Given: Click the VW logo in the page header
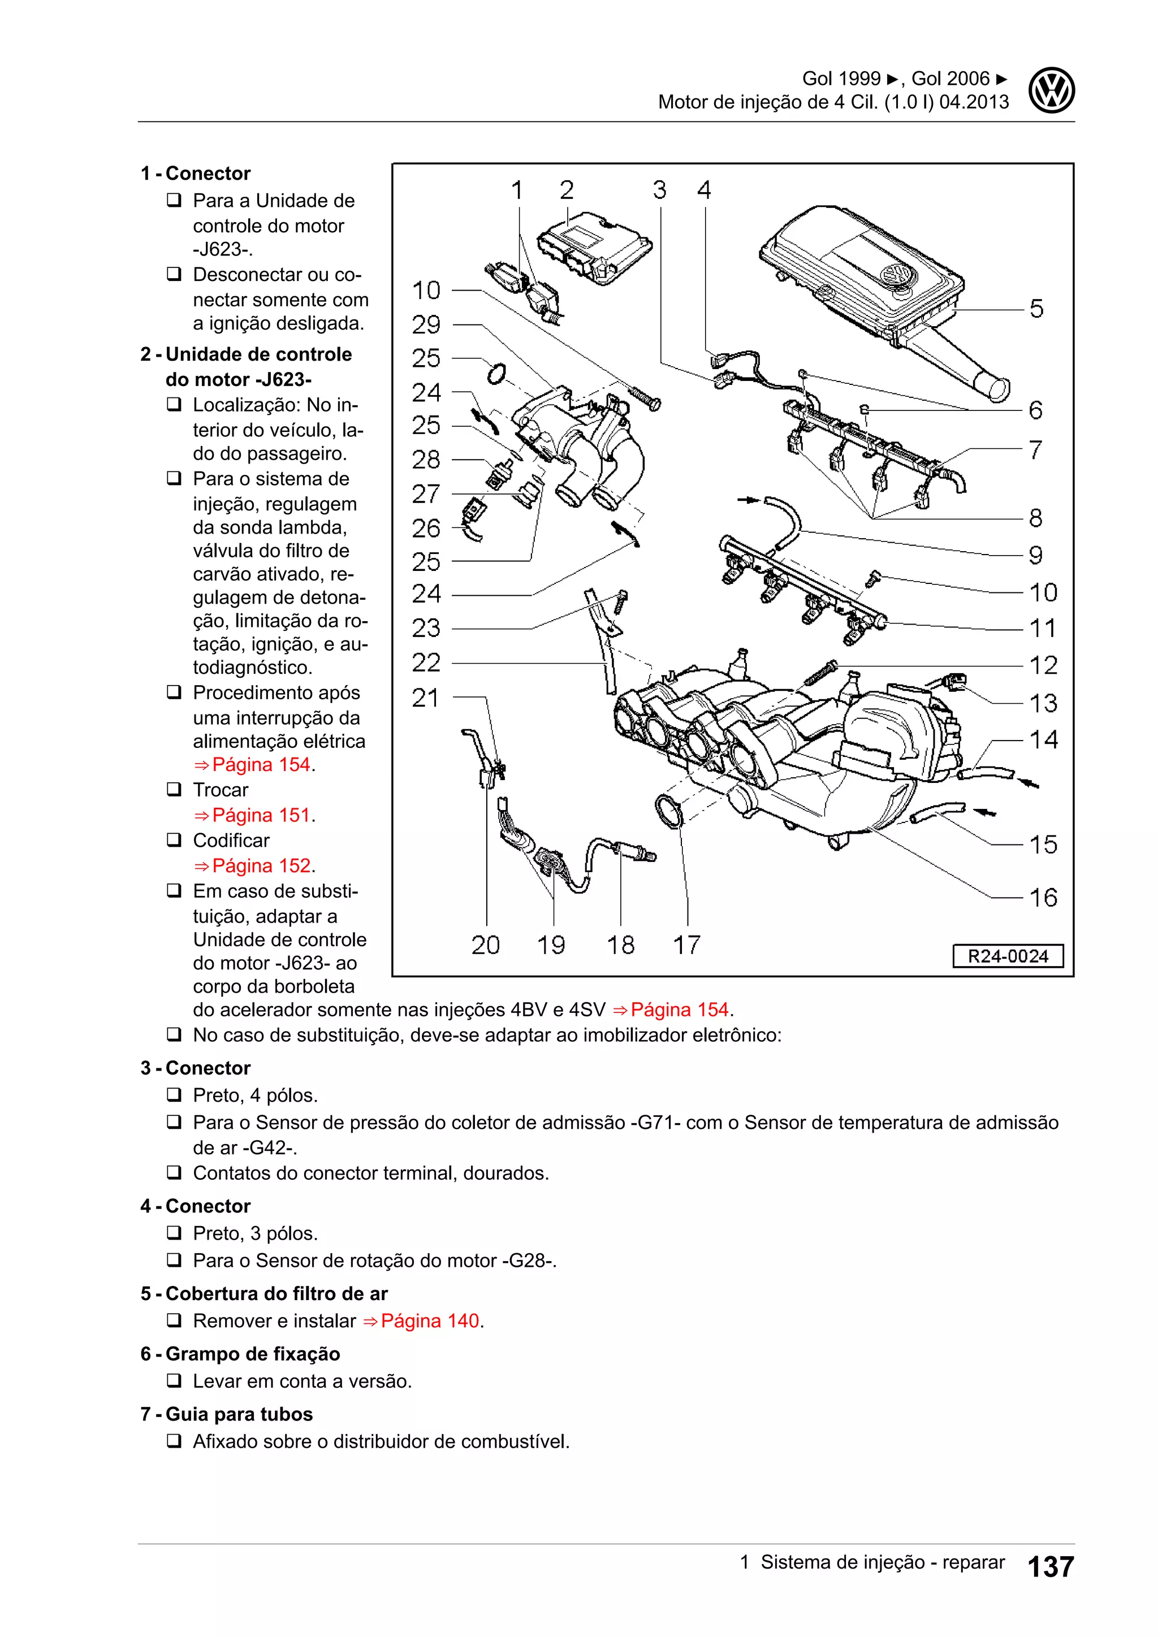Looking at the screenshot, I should click(1051, 90).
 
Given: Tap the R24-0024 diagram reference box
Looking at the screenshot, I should click(1007, 956).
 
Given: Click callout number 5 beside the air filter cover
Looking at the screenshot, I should click(1036, 309).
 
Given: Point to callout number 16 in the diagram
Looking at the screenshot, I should click(1043, 898).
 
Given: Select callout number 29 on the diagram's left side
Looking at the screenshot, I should click(426, 325).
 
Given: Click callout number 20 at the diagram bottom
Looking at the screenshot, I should click(486, 946).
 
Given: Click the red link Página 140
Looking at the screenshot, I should click(431, 1321).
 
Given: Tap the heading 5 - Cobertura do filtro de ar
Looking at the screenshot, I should click(264, 1294).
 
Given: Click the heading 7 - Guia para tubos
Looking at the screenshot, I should click(227, 1414).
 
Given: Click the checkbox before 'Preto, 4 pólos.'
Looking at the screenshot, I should click(174, 1094).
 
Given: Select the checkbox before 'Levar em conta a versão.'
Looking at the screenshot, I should click(174, 1381).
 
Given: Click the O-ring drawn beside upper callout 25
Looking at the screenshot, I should click(497, 374).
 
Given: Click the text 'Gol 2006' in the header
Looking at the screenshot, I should click(950, 79).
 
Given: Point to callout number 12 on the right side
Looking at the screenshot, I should click(1043, 666).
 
